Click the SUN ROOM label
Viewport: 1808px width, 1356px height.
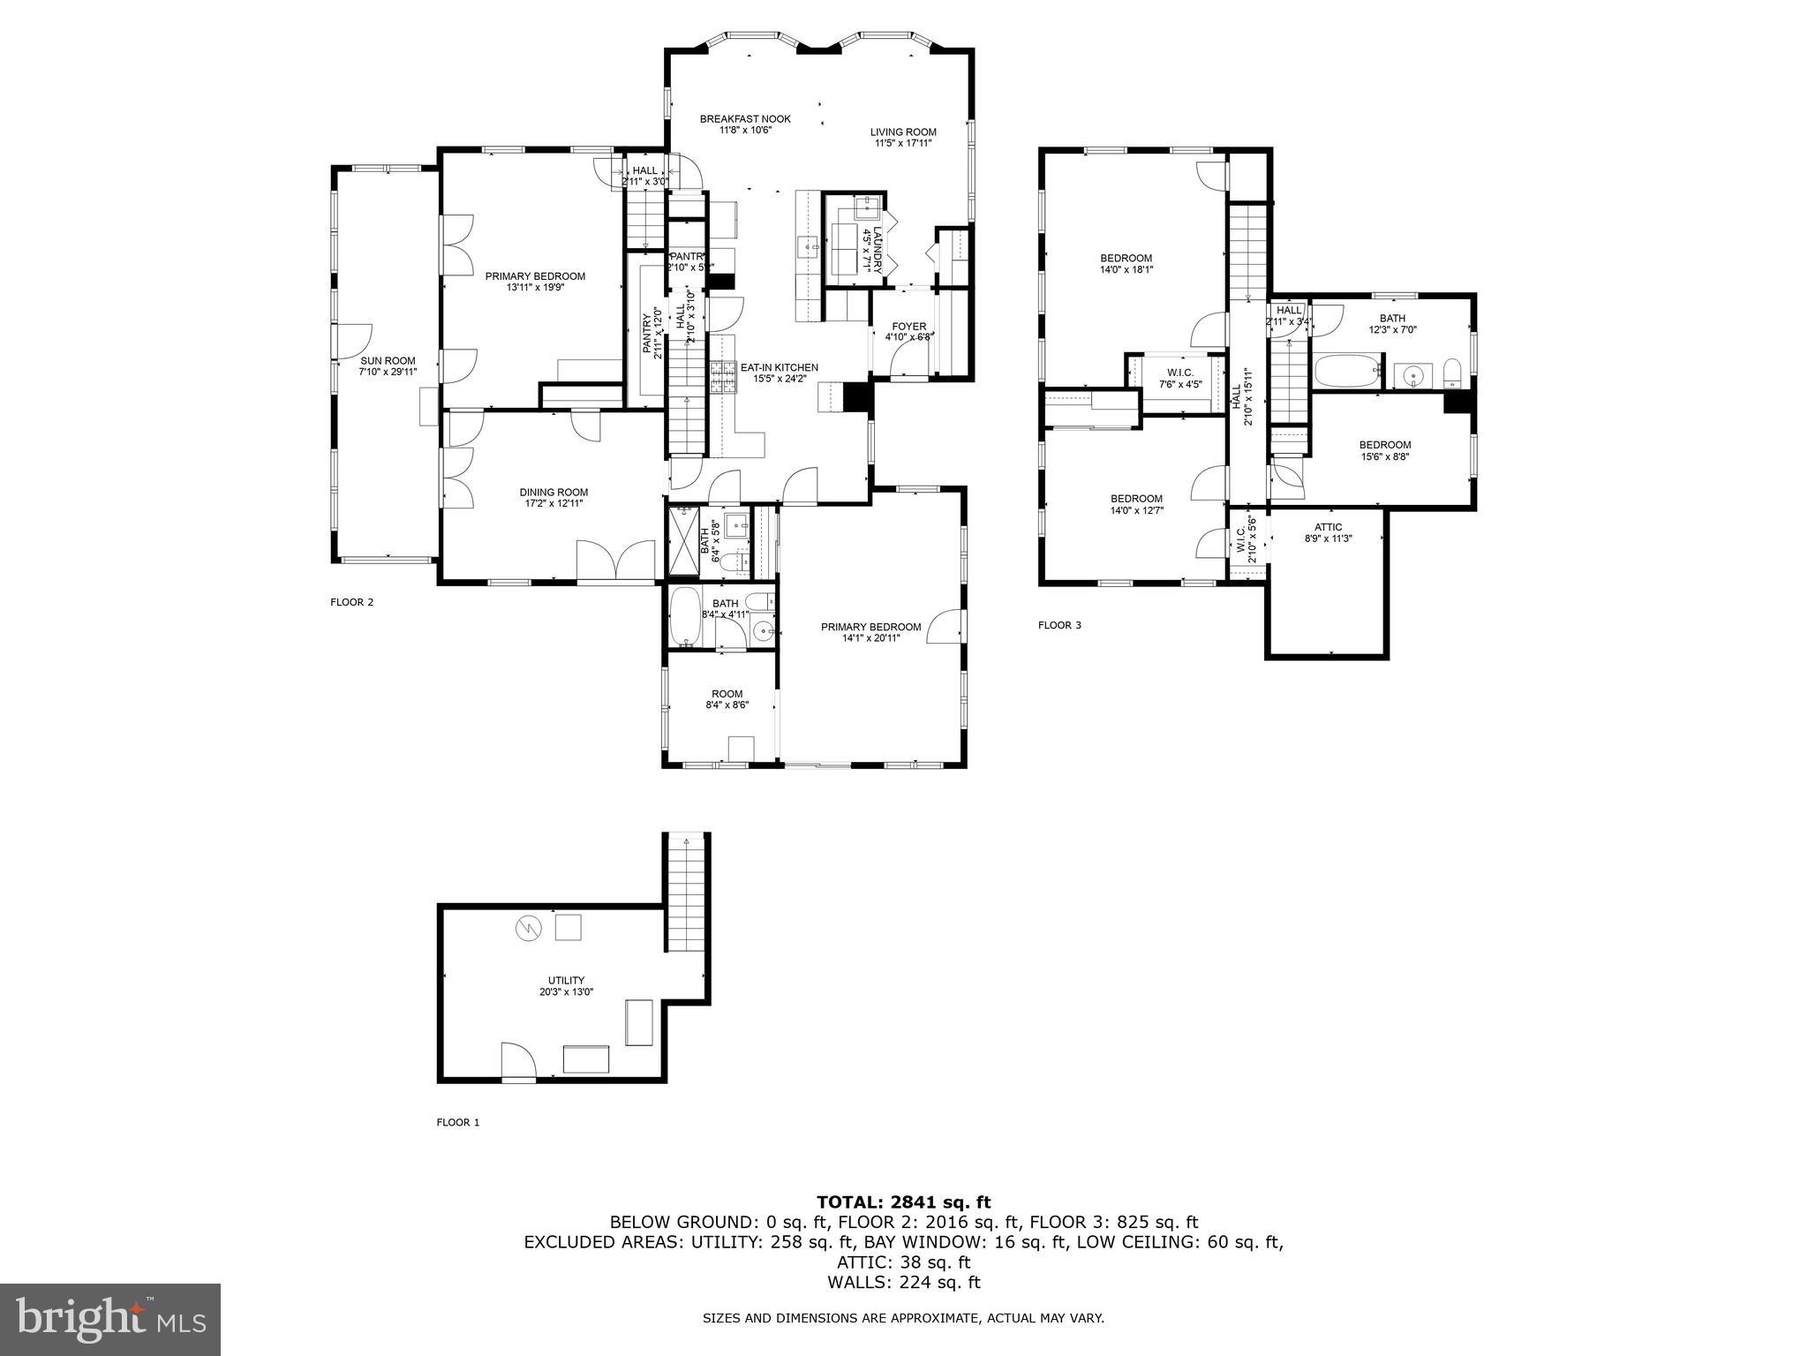(387, 361)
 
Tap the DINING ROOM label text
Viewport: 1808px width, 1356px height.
(553, 493)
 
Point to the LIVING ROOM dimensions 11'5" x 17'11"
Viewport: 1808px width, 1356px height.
(903, 143)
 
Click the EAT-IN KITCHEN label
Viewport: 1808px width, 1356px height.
(779, 367)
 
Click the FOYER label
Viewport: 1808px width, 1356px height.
(909, 327)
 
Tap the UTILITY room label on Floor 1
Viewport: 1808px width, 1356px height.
(566, 980)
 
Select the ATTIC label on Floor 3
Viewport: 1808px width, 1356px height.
(1328, 527)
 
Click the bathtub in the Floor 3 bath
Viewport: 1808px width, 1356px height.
(1346, 372)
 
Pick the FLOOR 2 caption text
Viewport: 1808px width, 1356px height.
(351, 602)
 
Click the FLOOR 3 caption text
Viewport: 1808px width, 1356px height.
(1059, 625)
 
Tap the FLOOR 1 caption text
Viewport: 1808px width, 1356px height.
(457, 1122)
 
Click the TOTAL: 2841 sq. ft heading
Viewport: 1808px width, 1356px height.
(903, 1202)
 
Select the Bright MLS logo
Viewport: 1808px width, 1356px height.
(110, 1319)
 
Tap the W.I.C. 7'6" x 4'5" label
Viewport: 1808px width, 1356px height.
(1180, 373)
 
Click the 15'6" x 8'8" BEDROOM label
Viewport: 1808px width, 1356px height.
(1384, 445)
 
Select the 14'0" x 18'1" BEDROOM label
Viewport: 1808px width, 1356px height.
(1126, 259)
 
